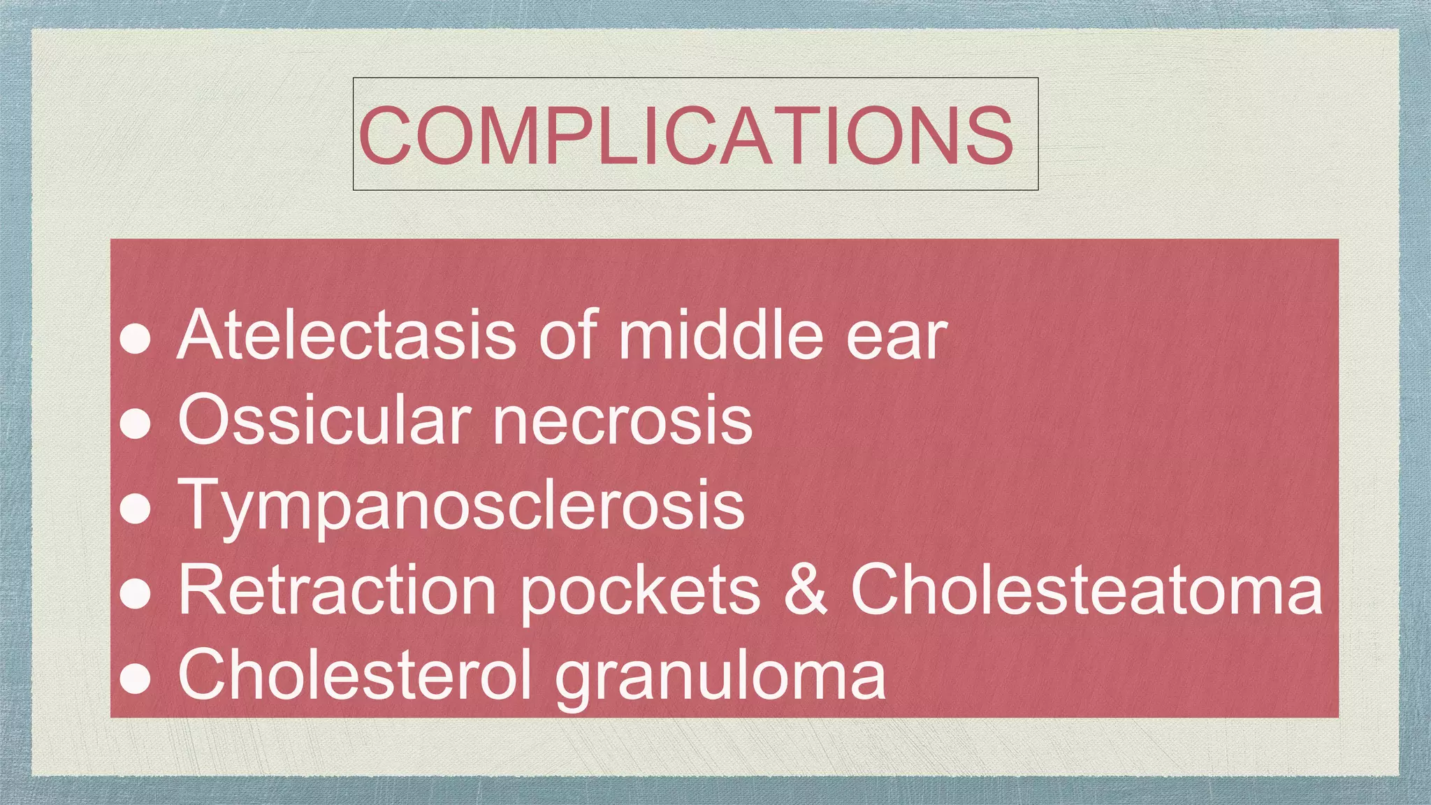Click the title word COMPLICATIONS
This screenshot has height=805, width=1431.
tap(685, 135)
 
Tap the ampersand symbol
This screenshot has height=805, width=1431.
tap(805, 591)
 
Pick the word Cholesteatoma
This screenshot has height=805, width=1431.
tap(1087, 591)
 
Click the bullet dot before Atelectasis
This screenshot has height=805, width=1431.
tap(136, 340)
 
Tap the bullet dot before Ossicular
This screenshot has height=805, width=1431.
tap(136, 423)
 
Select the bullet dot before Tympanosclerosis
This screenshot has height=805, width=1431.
tap(136, 509)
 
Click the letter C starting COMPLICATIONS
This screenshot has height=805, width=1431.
tap(385, 135)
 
